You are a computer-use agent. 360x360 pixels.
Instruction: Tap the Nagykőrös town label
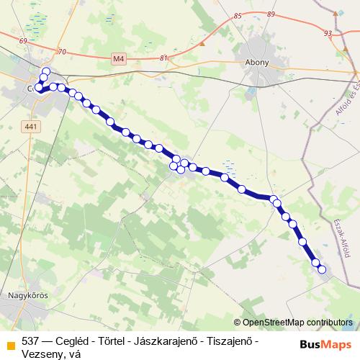[26, 294]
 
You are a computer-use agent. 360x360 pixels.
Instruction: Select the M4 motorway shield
[120, 58]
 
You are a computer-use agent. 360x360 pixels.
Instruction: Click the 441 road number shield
[30, 126]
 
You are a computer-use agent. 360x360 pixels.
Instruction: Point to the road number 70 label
[62, 52]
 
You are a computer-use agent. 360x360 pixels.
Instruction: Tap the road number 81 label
[164, 58]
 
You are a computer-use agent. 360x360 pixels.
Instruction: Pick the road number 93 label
[328, 33]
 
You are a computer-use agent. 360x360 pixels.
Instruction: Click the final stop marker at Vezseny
[322, 270]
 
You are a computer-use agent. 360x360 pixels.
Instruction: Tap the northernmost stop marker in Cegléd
[46, 71]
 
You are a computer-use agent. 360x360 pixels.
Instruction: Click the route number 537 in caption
[31, 340]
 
